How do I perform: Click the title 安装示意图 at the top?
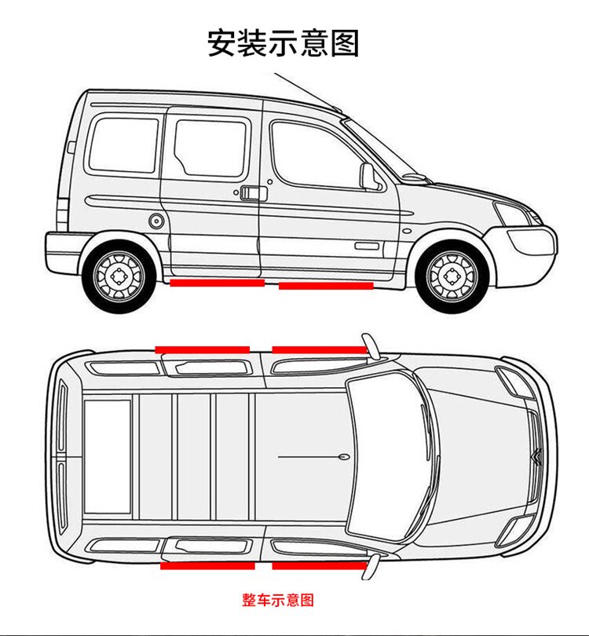[283, 42]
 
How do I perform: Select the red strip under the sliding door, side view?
[217, 283]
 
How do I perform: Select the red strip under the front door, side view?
[326, 286]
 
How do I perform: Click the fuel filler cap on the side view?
[156, 221]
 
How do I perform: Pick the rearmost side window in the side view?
[123, 145]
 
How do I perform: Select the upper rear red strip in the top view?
[202, 349]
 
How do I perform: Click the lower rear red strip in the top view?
[207, 565]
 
